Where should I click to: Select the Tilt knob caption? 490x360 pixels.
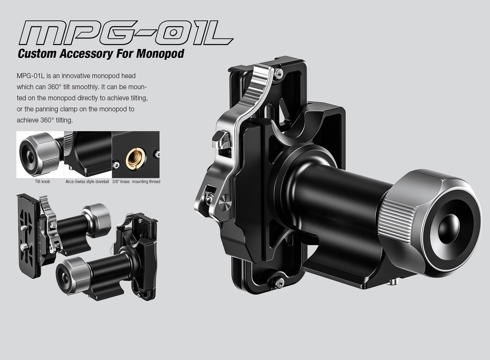point(42,182)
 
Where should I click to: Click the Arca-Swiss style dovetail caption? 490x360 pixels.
point(87,182)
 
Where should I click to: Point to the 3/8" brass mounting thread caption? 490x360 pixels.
point(136,182)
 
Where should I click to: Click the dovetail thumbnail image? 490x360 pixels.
point(88,154)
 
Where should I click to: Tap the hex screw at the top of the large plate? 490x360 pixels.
point(280,74)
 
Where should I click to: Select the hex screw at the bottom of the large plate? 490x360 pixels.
point(280,281)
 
